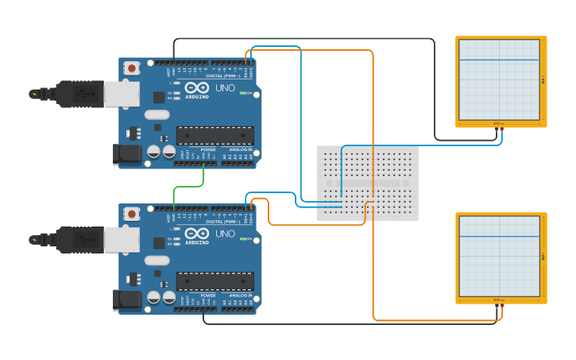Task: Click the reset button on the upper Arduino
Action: (132, 68)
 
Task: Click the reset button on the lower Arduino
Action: (132, 214)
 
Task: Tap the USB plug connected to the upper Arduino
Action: (79, 94)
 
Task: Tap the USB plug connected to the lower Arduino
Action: (79, 239)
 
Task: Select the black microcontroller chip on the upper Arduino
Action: (215, 136)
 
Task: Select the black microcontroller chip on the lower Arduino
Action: (215, 281)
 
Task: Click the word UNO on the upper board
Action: (226, 88)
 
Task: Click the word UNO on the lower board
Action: (226, 234)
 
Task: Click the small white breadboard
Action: (367, 183)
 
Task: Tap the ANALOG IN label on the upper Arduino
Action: (240, 149)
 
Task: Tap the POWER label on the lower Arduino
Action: (207, 295)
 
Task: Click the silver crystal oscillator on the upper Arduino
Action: (157, 114)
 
